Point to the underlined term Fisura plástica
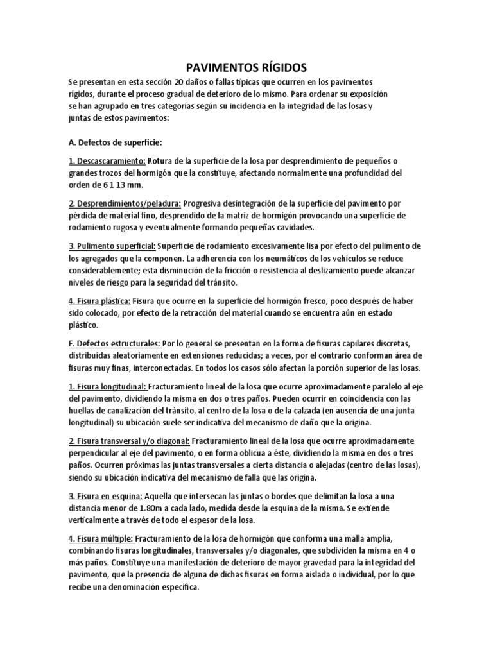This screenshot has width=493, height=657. pyautogui.click(x=99, y=301)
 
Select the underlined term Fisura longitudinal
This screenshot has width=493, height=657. pyautogui.click(x=108, y=388)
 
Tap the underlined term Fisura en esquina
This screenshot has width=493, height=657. pyautogui.click(x=105, y=496)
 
